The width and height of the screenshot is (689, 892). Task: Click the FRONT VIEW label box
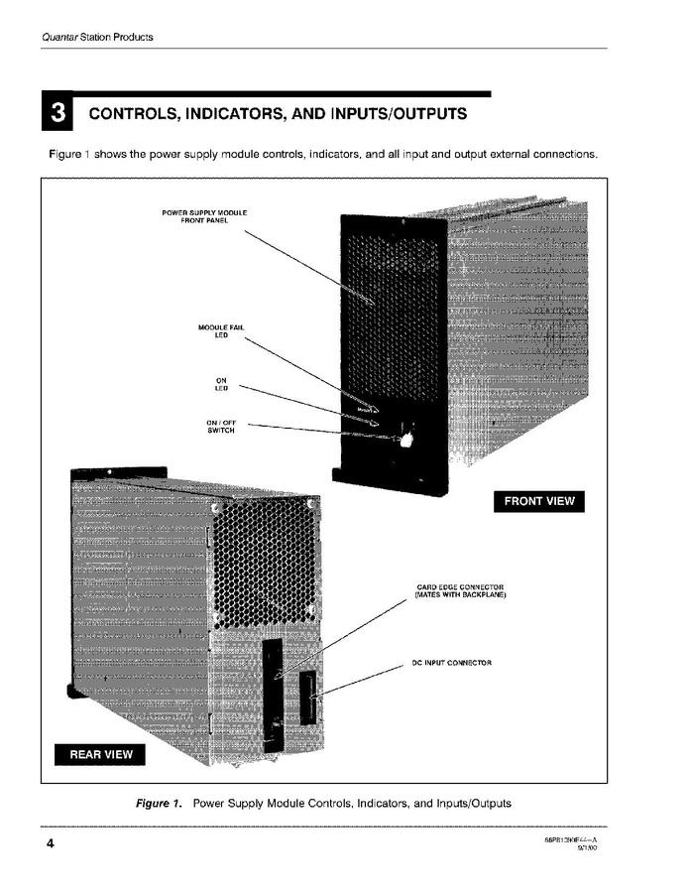tap(538, 501)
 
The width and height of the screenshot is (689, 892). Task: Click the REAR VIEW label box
tap(100, 754)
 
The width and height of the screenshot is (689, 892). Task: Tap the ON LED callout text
tap(221, 384)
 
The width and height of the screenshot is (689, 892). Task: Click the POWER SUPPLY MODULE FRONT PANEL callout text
tap(203, 216)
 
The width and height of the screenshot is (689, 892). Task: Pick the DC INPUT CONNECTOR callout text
tap(451, 662)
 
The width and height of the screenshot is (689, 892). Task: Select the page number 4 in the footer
tap(49, 844)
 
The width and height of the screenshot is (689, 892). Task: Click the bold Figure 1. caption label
tap(159, 803)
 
